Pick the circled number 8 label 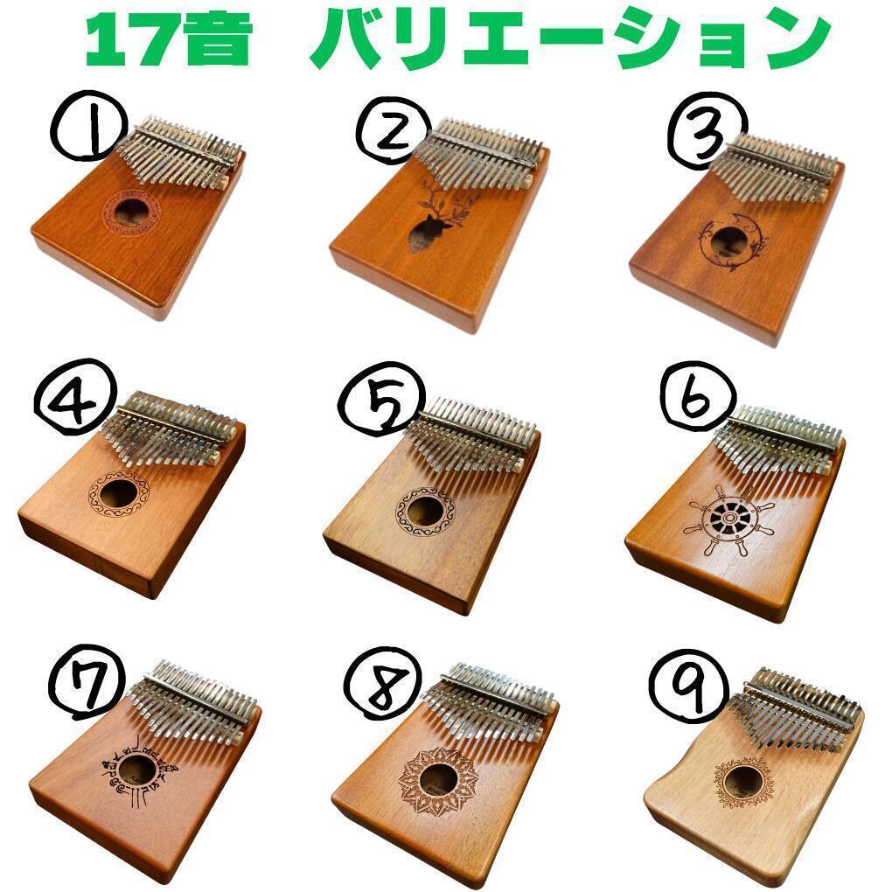384,686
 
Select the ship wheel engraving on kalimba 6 729,519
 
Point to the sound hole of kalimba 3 729,239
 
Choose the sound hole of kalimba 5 425,512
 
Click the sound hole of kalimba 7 137,770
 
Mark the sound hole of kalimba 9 742,781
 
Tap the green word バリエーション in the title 571,42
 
